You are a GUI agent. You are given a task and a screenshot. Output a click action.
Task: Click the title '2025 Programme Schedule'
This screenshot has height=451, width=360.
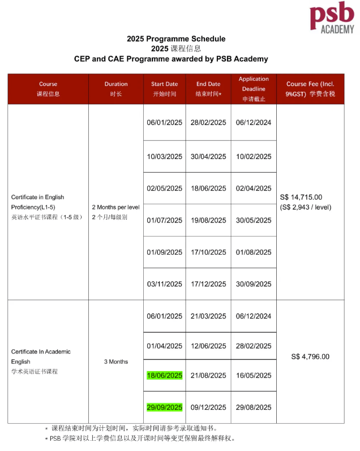[176, 38]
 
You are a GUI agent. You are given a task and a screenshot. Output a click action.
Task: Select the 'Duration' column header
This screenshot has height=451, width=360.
[116, 89]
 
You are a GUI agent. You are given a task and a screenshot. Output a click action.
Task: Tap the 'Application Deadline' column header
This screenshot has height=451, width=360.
[254, 89]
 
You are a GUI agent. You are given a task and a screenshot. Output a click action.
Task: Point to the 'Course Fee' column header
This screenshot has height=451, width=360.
[310, 89]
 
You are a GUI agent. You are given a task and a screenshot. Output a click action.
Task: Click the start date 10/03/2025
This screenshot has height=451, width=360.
[164, 157]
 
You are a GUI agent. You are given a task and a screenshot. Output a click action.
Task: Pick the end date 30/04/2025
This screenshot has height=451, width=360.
[208, 157]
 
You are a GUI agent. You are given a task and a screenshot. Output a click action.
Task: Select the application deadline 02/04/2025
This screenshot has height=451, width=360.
[254, 188]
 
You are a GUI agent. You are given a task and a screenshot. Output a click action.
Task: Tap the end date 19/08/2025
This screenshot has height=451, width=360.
[208, 220]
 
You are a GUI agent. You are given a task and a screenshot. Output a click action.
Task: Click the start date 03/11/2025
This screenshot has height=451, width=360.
[164, 284]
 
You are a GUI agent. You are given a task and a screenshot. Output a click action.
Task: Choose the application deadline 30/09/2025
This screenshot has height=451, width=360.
[254, 284]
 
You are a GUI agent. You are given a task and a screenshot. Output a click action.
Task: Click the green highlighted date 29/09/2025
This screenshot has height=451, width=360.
[164, 407]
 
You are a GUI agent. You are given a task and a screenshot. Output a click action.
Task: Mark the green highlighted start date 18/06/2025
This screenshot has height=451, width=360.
[164, 376]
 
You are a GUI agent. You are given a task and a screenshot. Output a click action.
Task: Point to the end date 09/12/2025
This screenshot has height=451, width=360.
[208, 407]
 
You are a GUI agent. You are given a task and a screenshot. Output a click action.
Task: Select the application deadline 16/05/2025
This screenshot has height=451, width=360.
[254, 376]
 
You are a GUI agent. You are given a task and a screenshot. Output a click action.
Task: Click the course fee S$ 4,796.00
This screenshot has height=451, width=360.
[310, 356]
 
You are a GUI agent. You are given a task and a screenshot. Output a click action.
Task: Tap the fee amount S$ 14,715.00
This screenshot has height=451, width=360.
[301, 197]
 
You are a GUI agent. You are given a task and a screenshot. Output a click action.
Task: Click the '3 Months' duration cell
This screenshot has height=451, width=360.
[116, 362]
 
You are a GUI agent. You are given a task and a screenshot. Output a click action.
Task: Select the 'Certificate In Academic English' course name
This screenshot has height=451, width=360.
[41, 356]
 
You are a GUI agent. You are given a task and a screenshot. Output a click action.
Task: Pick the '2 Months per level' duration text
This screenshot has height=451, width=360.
[116, 207]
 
